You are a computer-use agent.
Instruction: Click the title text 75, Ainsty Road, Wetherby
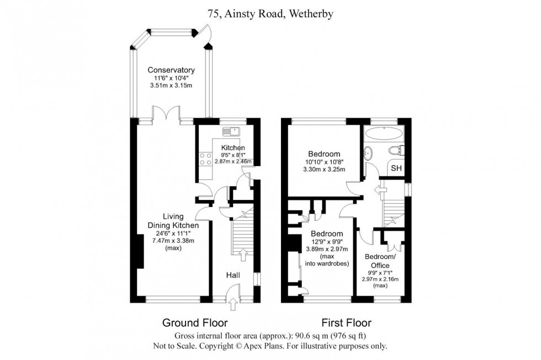coord(270,14)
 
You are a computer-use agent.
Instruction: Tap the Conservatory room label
coord(171,70)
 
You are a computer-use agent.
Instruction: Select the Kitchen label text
coord(232,148)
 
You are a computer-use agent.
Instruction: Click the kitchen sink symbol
coord(231,131)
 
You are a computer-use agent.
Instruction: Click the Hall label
coord(232,274)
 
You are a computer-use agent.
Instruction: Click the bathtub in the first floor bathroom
coord(385,134)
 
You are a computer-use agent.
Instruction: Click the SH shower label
coord(396,168)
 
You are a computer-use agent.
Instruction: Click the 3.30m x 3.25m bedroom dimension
coord(324,170)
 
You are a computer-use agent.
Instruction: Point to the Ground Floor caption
coord(194,322)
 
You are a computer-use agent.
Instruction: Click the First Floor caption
coord(347,322)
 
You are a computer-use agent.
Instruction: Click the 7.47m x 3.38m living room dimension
coord(173,241)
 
